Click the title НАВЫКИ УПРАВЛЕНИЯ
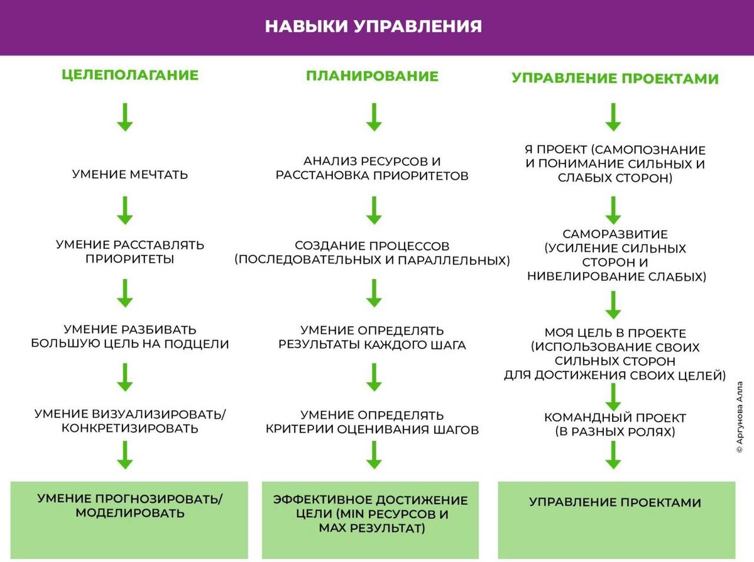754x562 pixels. pos(373,26)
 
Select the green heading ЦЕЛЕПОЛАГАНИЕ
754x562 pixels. pos(130,75)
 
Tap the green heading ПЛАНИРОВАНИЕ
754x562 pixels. pos(372,76)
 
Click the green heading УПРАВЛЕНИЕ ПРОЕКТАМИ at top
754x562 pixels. pos(615,79)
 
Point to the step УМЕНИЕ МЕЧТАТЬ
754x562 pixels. pos(130,174)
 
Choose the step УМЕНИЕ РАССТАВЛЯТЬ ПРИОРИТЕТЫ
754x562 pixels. pos(130,251)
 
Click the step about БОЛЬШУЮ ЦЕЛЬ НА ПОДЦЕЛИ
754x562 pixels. pos(130,337)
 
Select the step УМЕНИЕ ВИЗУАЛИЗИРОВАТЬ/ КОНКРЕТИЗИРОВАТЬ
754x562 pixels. pos(130,421)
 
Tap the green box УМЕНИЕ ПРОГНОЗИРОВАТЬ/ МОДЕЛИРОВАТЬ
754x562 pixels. pos(130,506)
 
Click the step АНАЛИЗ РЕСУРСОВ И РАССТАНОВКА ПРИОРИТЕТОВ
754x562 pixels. pos(372,168)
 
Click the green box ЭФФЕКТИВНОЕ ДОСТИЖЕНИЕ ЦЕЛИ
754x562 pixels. pos(371,514)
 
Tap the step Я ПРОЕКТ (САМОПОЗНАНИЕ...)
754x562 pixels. pos(615,164)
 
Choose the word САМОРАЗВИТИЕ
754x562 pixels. pos(615,234)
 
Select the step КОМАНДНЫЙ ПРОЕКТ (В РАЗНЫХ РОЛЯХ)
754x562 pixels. pos(615,425)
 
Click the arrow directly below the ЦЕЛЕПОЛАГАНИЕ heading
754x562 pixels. pos(125,117)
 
